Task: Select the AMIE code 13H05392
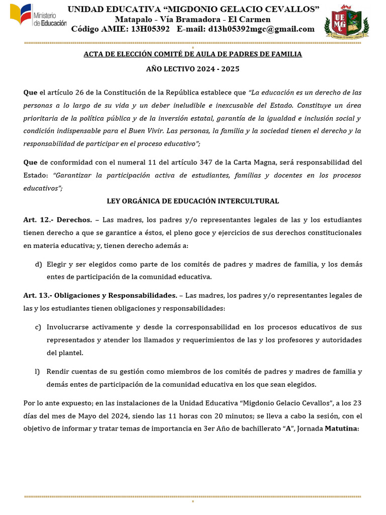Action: [x=150, y=29]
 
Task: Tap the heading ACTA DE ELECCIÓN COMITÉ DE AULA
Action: [x=192, y=54]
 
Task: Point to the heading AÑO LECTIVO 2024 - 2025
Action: [x=192, y=69]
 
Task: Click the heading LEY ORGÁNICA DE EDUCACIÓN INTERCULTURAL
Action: [x=192, y=201]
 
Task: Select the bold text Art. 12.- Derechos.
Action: [x=58, y=220]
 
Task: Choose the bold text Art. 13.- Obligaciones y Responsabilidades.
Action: [x=100, y=295]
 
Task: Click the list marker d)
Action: [x=38, y=264]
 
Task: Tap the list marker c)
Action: [x=38, y=327]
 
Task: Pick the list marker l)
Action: [x=37, y=372]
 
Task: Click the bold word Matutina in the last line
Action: [x=342, y=429]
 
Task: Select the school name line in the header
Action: [x=194, y=9]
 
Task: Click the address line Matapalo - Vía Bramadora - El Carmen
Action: [x=193, y=19]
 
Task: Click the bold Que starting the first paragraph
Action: [x=30, y=93]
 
